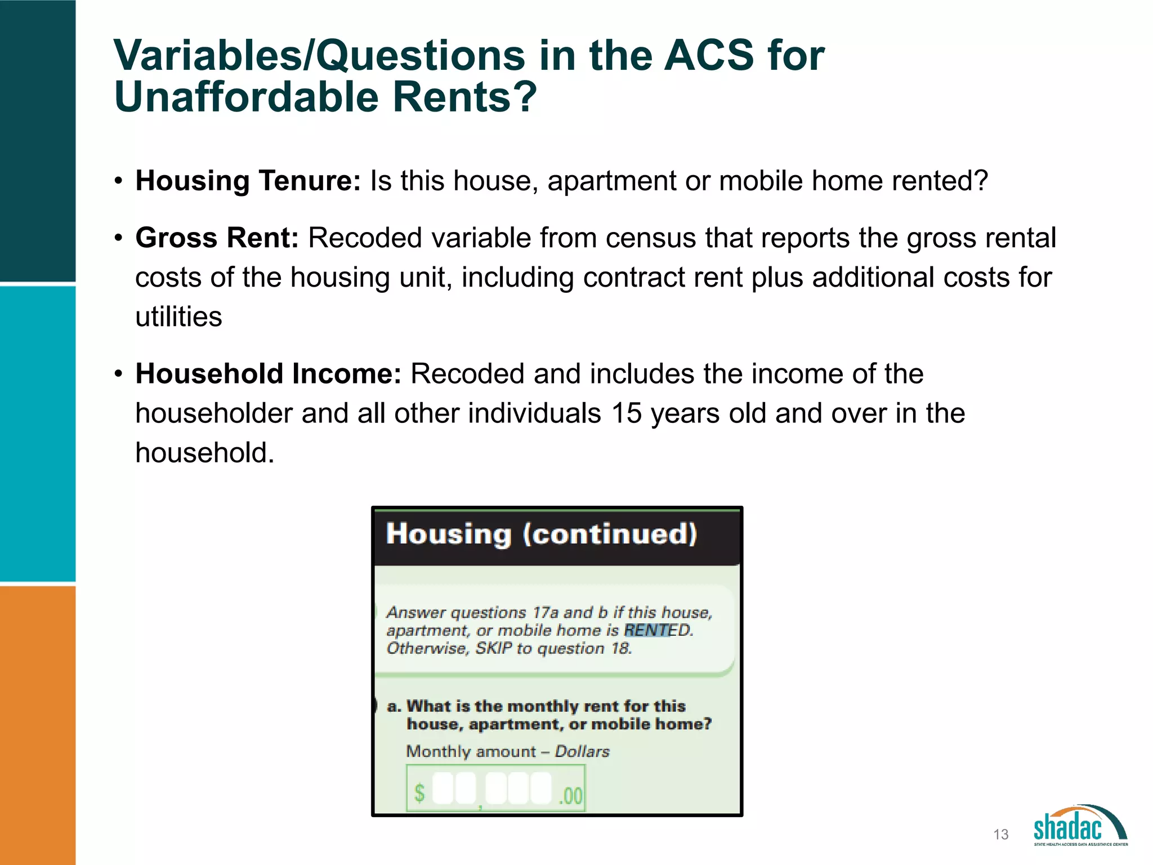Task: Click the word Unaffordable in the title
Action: (x=246, y=97)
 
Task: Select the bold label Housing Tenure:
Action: (x=248, y=181)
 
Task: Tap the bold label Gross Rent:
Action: (x=217, y=238)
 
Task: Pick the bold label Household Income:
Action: (x=268, y=374)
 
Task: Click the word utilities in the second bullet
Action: (x=178, y=316)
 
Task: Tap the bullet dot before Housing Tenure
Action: (x=118, y=181)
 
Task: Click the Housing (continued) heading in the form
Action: (x=541, y=534)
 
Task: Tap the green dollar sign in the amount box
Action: (x=419, y=793)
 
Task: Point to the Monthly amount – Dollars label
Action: (x=507, y=751)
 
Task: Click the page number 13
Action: (x=1000, y=835)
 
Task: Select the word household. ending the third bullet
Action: (x=204, y=453)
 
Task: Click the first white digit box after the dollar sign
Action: (x=442, y=788)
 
